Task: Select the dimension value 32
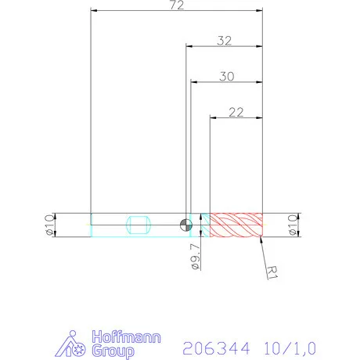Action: point(225,41)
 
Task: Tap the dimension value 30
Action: point(227,76)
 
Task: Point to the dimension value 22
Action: point(236,112)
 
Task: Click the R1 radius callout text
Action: point(272,272)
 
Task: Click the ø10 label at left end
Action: point(49,225)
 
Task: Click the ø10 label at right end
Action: point(293,225)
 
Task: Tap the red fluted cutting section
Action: point(236,225)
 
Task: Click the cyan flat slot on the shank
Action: point(138,225)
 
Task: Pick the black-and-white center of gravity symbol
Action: point(185,225)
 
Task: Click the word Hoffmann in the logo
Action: point(127,338)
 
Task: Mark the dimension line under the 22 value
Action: point(236,118)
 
